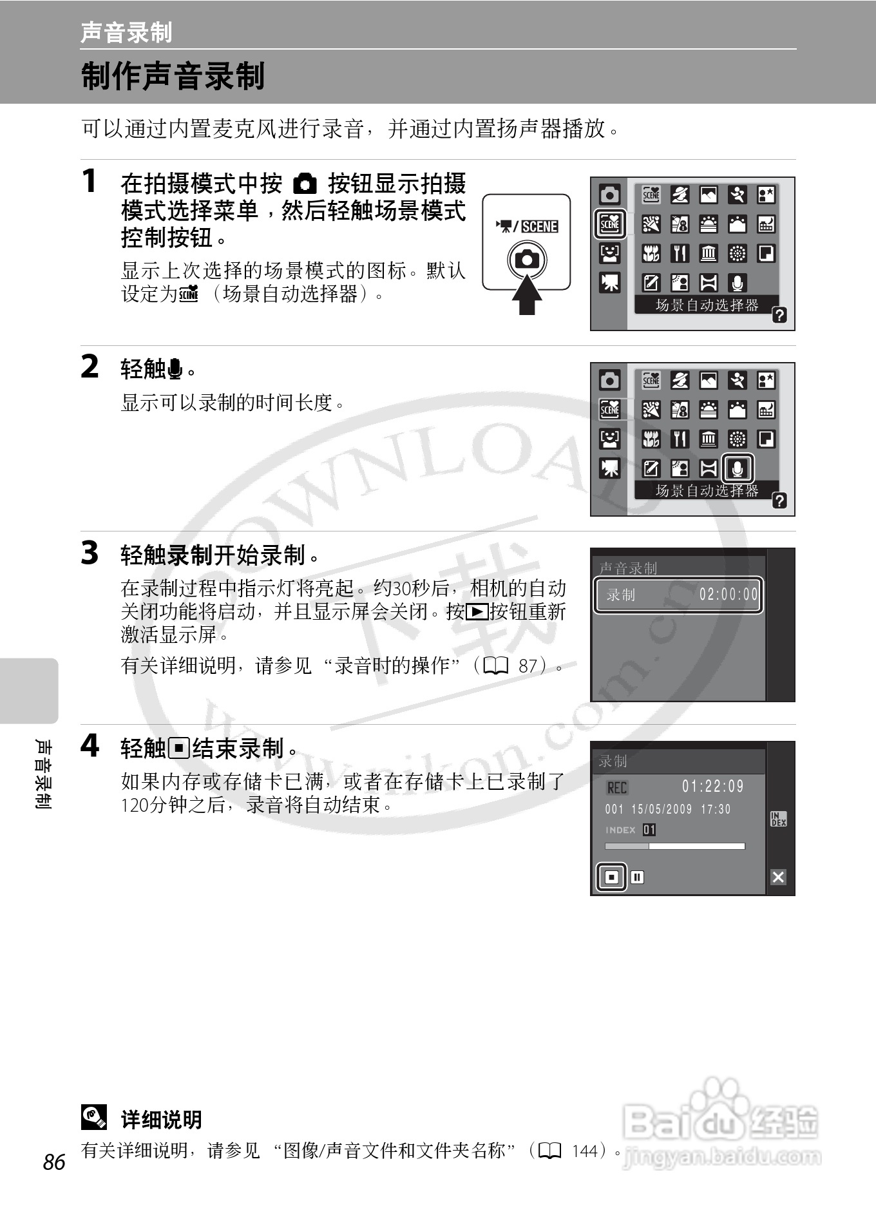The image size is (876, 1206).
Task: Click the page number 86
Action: click(x=54, y=1162)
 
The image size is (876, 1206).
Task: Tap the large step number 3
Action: click(x=90, y=553)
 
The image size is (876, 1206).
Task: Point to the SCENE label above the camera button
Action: click(x=539, y=226)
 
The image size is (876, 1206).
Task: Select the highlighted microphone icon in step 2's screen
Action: click(x=738, y=468)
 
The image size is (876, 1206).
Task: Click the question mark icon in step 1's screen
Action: click(x=779, y=315)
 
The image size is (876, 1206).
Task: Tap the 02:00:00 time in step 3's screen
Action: click(x=728, y=594)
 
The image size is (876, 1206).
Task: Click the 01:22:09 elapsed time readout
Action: click(x=712, y=786)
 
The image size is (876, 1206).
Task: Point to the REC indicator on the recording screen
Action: click(x=617, y=787)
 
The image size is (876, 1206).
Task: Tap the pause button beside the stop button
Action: click(x=637, y=877)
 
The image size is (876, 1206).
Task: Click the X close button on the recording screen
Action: click(x=778, y=877)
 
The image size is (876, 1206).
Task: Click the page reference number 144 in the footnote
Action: click(x=584, y=1151)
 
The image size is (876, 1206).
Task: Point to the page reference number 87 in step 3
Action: click(x=528, y=665)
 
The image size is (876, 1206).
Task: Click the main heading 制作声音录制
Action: click(x=173, y=76)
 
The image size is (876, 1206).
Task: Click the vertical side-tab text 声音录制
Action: click(x=43, y=774)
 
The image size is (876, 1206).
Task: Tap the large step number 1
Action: click(x=90, y=181)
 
